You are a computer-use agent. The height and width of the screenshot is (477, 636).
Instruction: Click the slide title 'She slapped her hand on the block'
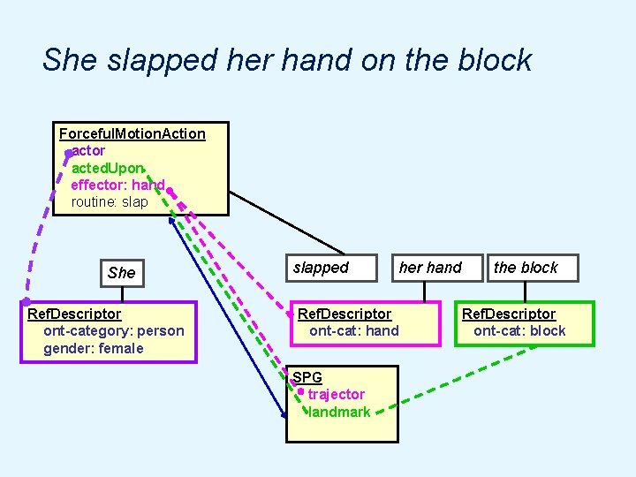point(287,60)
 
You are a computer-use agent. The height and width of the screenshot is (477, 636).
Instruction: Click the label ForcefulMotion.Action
point(132,134)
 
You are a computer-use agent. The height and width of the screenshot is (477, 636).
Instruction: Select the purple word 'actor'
point(88,151)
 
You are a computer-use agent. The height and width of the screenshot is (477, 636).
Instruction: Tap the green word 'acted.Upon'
point(106,168)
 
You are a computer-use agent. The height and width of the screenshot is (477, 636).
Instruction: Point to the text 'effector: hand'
point(117,185)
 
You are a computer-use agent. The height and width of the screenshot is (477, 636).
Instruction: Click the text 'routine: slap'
point(110,201)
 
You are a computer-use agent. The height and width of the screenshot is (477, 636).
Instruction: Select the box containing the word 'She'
point(121,272)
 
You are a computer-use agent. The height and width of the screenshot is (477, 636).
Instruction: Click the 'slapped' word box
point(321,268)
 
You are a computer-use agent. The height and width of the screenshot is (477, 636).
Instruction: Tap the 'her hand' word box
point(430,268)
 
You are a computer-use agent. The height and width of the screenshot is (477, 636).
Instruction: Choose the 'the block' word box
point(526,268)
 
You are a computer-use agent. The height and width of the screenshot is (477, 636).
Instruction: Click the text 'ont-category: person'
point(114,331)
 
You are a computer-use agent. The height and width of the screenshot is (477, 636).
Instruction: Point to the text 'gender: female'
point(93,348)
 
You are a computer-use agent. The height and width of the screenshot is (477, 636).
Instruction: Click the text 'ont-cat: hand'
point(353,331)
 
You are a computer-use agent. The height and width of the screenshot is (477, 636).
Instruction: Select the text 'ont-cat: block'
point(519,331)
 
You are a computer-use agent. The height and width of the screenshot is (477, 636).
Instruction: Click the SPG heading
point(307,378)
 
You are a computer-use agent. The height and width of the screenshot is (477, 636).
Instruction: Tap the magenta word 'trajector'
point(336,395)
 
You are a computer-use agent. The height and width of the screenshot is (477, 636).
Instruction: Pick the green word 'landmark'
point(339,412)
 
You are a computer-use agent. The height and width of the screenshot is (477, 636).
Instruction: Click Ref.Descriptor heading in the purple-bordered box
point(74,314)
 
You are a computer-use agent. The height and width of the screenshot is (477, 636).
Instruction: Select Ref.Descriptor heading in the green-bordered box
point(509,314)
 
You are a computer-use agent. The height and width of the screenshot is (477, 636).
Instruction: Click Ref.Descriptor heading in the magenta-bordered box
point(344,314)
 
